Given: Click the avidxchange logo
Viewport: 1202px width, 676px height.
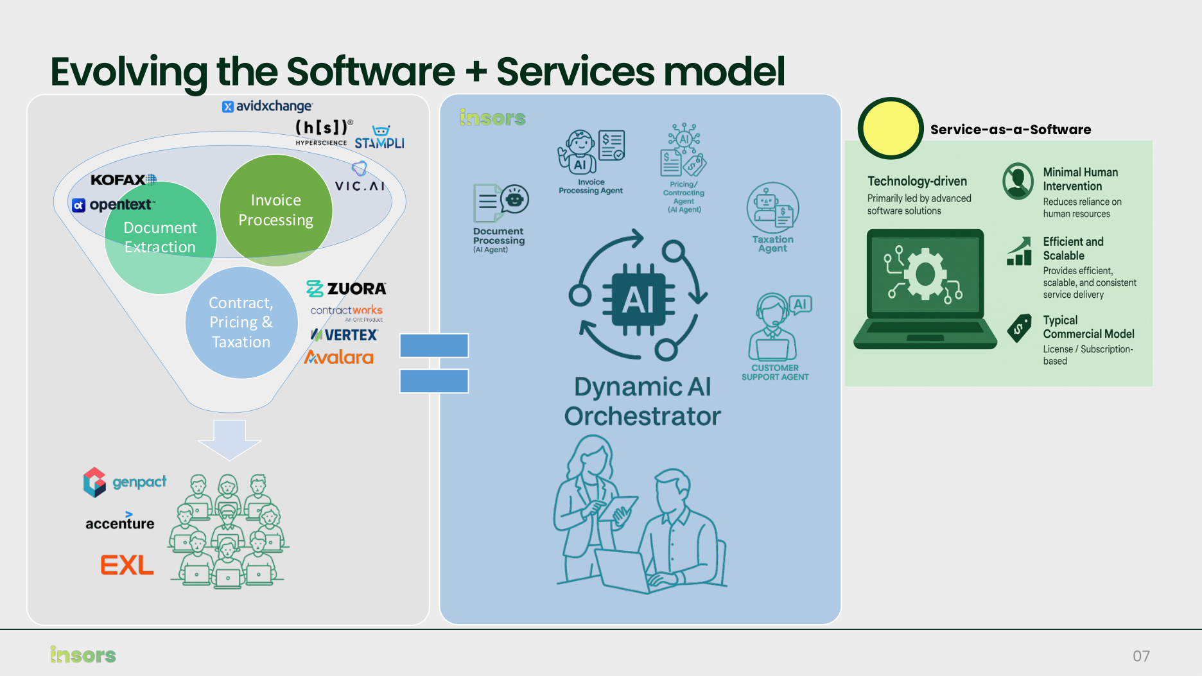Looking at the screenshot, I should coord(267,106).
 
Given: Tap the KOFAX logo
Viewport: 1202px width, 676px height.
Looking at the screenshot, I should coord(123,180).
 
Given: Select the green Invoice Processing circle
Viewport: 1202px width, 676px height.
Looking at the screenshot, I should coord(276,210).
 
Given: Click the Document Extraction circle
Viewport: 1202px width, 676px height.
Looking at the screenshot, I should coord(160,238).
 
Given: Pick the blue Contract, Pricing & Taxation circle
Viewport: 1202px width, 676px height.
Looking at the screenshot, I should coord(241,322).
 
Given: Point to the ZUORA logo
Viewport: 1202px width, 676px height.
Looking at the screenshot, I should coord(346,289).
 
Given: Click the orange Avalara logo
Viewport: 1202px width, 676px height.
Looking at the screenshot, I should coord(339,358).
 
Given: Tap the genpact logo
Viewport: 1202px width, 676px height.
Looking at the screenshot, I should coord(125,482).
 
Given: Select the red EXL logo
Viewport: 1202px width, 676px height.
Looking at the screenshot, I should coord(127,566).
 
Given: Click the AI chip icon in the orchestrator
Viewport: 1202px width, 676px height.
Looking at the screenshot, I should coord(638,300).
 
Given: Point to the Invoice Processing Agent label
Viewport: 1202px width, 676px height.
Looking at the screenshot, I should coord(591,186).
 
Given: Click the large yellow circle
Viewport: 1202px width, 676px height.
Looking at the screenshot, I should coord(891,128).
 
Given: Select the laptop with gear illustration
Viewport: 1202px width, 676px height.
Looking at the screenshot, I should coord(925,289).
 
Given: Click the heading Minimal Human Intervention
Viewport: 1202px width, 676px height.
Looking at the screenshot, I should coord(1080,179).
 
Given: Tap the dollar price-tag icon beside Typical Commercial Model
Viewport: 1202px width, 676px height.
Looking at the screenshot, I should coord(1019,328).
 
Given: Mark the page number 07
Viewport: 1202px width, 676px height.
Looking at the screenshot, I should coord(1141,656).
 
